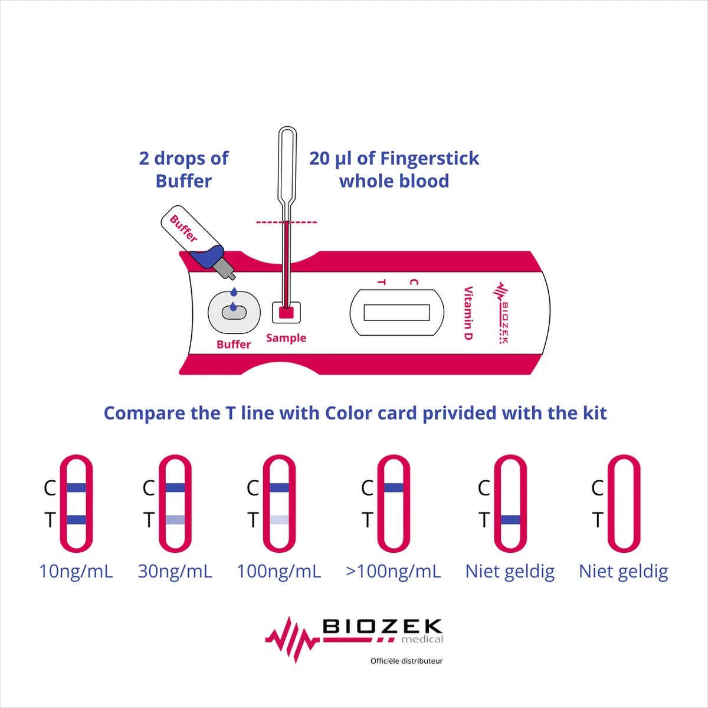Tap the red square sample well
[x=286, y=313]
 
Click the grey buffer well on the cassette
[x=234, y=313]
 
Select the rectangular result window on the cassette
[x=396, y=312]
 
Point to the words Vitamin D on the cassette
[x=468, y=313]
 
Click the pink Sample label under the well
[x=286, y=338]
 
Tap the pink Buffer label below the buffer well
[x=233, y=344]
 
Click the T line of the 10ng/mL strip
[x=77, y=520]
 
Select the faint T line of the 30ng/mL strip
[x=175, y=520]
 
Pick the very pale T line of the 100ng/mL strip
[x=279, y=520]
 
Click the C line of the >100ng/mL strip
[x=394, y=487]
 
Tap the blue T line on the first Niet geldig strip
[x=510, y=520]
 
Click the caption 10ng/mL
[x=76, y=572]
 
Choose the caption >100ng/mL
[x=393, y=572]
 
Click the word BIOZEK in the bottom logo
[x=382, y=626]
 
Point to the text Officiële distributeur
[x=407, y=661]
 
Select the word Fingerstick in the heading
[x=430, y=159]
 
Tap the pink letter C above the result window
[x=414, y=282]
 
